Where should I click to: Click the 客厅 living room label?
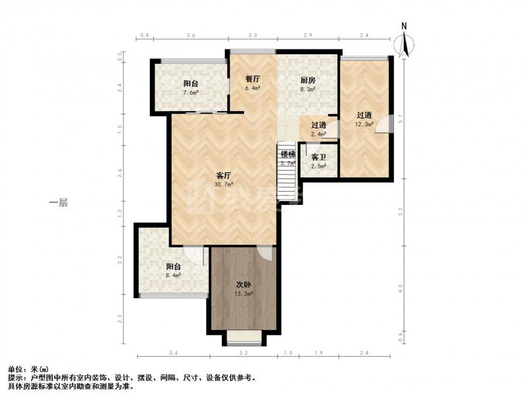(x=224, y=176)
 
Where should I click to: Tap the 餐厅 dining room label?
(x=252, y=79)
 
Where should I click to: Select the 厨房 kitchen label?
(x=307, y=80)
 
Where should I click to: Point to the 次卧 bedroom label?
(x=244, y=285)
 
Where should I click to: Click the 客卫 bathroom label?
(x=319, y=157)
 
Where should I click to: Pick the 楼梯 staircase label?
(x=288, y=154)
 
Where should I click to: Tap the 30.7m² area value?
(x=224, y=184)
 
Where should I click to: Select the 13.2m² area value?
(x=244, y=294)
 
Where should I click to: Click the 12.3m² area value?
(x=364, y=124)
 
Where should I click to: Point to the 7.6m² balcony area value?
(x=190, y=92)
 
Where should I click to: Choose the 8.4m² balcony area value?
(x=173, y=276)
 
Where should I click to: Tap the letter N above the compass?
(x=404, y=26)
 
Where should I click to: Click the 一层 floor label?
(x=59, y=202)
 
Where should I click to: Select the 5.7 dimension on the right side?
(x=400, y=119)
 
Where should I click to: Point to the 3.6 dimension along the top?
(x=191, y=35)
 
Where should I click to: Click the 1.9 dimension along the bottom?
(x=319, y=353)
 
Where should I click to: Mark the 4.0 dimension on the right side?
(x=400, y=288)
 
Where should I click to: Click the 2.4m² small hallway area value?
(x=319, y=134)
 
